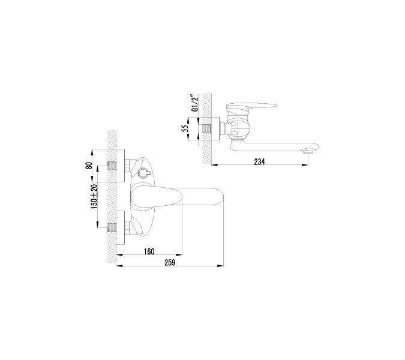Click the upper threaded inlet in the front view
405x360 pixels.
112,165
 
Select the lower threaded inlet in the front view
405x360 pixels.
112,227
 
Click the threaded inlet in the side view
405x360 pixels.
208,128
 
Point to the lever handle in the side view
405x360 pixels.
252,107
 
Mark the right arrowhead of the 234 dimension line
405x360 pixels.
307,164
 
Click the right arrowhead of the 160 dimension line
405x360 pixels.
179,255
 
